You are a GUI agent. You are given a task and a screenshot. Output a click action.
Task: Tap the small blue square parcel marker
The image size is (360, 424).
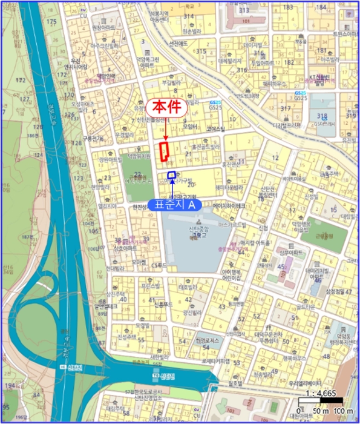click(172, 176)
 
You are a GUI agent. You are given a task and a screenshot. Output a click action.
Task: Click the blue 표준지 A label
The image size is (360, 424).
click(175, 205)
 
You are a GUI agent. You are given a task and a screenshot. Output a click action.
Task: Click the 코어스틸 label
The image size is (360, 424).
click(215, 128)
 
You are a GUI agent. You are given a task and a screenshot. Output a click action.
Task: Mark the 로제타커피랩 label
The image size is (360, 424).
click(216, 361)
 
